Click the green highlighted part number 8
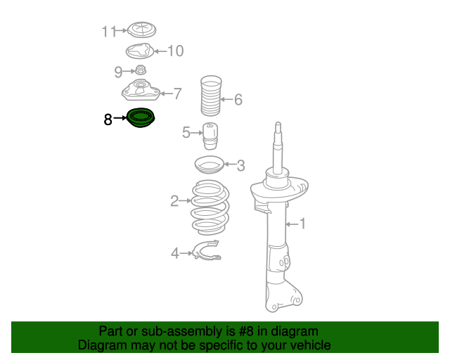pos(141,117)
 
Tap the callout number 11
pos(109,32)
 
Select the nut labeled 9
pos(141,70)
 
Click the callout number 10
pos(175,51)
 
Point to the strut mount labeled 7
pos(141,90)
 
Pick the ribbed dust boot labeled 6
pos(211,96)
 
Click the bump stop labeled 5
pos(210,136)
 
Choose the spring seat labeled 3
pos(210,165)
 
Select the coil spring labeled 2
pos(210,207)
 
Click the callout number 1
pos(302,224)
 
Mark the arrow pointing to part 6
pos(226,100)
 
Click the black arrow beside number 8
pos(120,117)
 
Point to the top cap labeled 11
pos(141,30)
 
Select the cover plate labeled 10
pos(140,51)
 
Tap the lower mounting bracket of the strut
pos(283,296)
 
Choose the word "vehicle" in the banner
pos(312,345)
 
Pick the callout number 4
pos(175,254)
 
